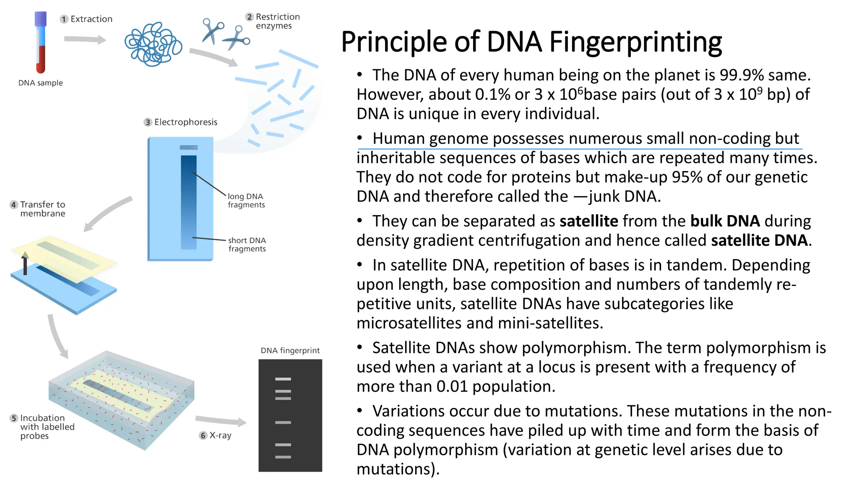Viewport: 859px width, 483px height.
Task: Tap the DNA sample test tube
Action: [x=41, y=42]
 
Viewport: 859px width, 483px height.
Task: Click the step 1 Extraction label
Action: [x=87, y=19]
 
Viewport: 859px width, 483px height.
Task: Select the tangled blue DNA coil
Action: [x=153, y=44]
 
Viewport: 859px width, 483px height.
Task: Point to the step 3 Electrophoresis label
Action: [x=181, y=122]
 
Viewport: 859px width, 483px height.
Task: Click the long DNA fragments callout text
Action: [x=246, y=200]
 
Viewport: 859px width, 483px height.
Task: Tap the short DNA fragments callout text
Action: [x=247, y=244]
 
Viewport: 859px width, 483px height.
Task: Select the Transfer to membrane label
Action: [x=39, y=209]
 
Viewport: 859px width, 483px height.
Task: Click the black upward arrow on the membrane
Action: [x=25, y=264]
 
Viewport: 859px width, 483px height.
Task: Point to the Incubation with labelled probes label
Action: [x=42, y=427]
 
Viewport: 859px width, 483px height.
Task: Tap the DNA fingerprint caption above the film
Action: [x=290, y=351]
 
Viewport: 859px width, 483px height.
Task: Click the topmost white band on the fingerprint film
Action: [x=283, y=379]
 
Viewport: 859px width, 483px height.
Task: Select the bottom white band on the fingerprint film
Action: [x=283, y=457]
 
